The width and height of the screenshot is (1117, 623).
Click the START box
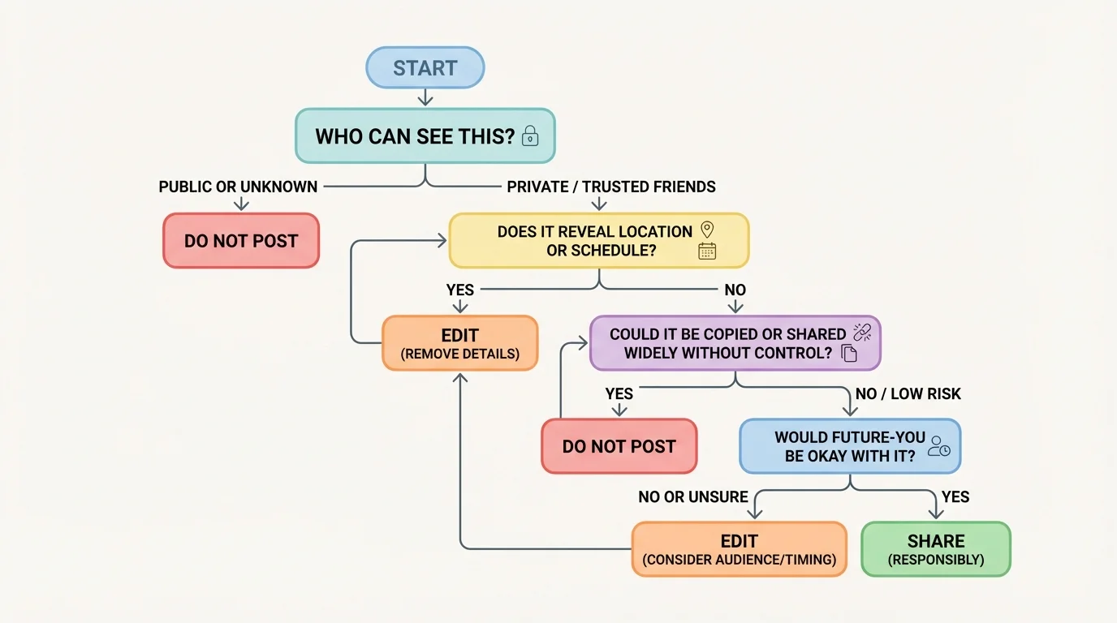[x=425, y=68]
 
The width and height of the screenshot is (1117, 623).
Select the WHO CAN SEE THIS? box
[x=424, y=135]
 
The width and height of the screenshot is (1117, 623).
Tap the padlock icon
[x=530, y=135]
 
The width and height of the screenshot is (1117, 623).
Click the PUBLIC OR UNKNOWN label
[x=238, y=187]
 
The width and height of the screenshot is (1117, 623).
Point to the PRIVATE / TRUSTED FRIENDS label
[x=611, y=187]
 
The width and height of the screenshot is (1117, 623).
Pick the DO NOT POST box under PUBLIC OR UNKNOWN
[x=241, y=241]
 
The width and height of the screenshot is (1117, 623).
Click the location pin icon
[x=706, y=230]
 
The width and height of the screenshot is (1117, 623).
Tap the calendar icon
[x=707, y=251]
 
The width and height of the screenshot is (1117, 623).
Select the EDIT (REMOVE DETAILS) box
[x=459, y=343]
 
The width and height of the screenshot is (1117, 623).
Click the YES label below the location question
[x=460, y=290]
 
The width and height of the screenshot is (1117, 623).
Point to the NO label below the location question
[x=735, y=290]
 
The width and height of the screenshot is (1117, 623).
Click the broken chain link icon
[x=862, y=331]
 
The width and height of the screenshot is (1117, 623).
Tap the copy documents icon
[x=849, y=353]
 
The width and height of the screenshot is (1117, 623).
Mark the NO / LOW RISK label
[x=908, y=394]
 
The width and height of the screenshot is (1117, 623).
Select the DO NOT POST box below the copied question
[x=619, y=446]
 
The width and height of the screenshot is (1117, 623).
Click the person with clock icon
[x=939, y=446]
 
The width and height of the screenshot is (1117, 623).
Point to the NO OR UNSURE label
[x=693, y=497]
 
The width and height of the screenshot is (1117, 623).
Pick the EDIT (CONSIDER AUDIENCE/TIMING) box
[x=739, y=549]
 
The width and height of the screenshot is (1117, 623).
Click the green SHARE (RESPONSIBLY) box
[x=936, y=549]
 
